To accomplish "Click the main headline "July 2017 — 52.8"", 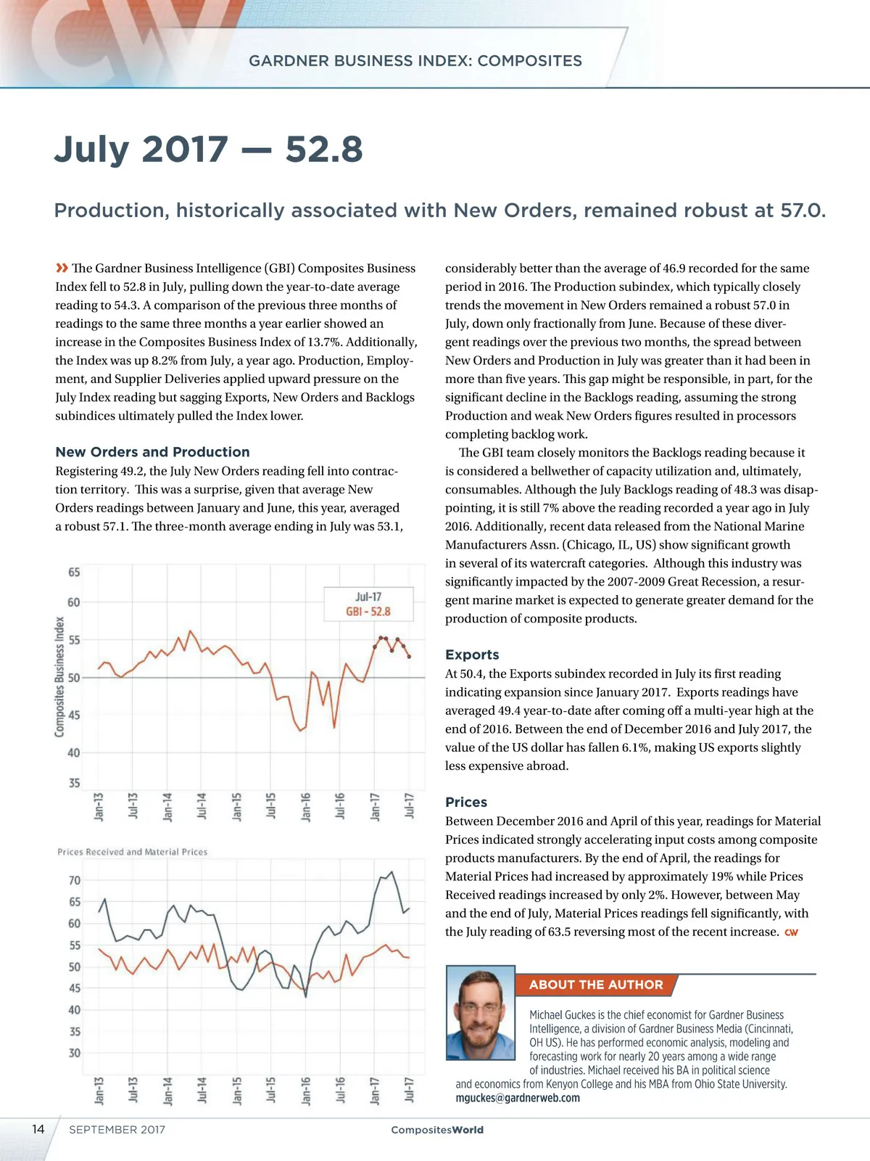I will [x=208, y=149].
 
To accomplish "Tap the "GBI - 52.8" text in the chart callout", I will [x=368, y=612].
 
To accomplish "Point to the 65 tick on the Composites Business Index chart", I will [x=74, y=573].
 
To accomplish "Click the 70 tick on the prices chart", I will [x=75, y=880].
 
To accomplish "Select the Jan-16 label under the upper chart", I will [x=306, y=807].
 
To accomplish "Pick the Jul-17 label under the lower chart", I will [x=410, y=1091].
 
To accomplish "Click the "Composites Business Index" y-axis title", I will [x=59, y=676].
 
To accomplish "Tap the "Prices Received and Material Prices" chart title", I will [x=133, y=852].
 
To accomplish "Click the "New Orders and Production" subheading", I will [x=152, y=452].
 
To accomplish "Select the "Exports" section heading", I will [x=472, y=655].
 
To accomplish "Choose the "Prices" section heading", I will [x=466, y=802].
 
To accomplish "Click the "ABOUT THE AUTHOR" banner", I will [x=596, y=985].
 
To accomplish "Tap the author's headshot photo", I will [x=481, y=1012].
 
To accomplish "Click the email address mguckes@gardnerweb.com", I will [x=518, y=1098].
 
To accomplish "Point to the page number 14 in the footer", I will [x=38, y=1129].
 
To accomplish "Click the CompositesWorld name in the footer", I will [x=437, y=1130].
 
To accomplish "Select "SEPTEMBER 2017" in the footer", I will [x=117, y=1130].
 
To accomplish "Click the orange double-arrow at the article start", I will [x=62, y=268].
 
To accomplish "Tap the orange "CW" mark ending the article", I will [x=791, y=932].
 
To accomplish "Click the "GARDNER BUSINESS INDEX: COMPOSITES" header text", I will [x=415, y=61].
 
